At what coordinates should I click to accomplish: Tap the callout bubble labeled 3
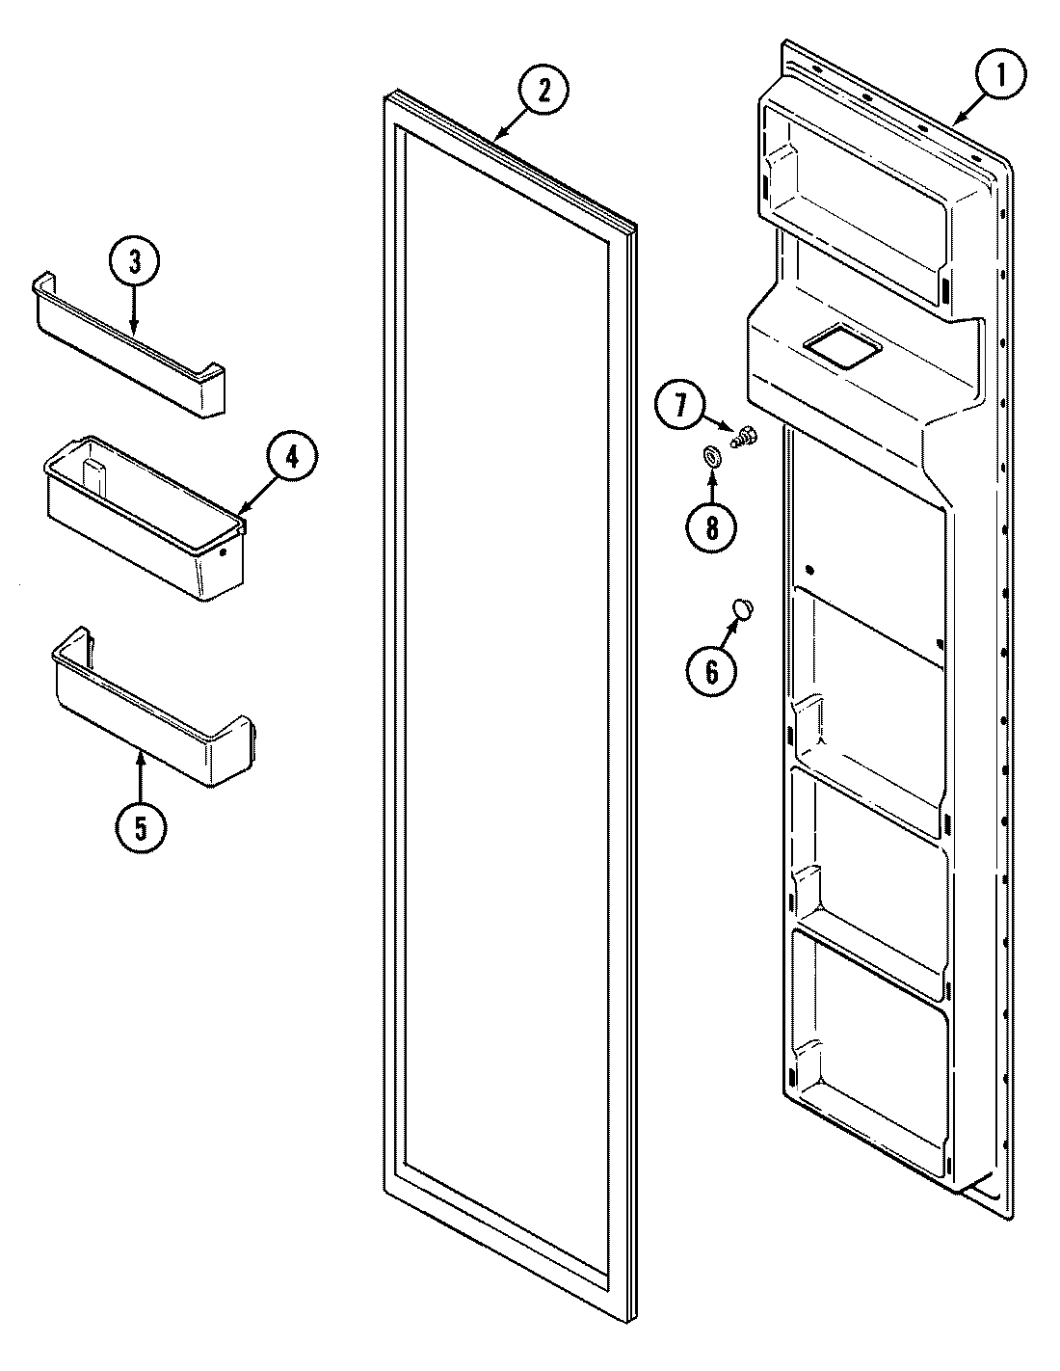(133, 261)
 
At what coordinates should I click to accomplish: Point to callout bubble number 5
(141, 826)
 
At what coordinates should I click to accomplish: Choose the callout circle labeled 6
(711, 669)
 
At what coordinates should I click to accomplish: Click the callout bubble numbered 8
(711, 526)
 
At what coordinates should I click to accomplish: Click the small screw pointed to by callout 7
(743, 440)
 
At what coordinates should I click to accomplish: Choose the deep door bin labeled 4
(145, 525)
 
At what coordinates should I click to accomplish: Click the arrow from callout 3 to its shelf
(133, 313)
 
